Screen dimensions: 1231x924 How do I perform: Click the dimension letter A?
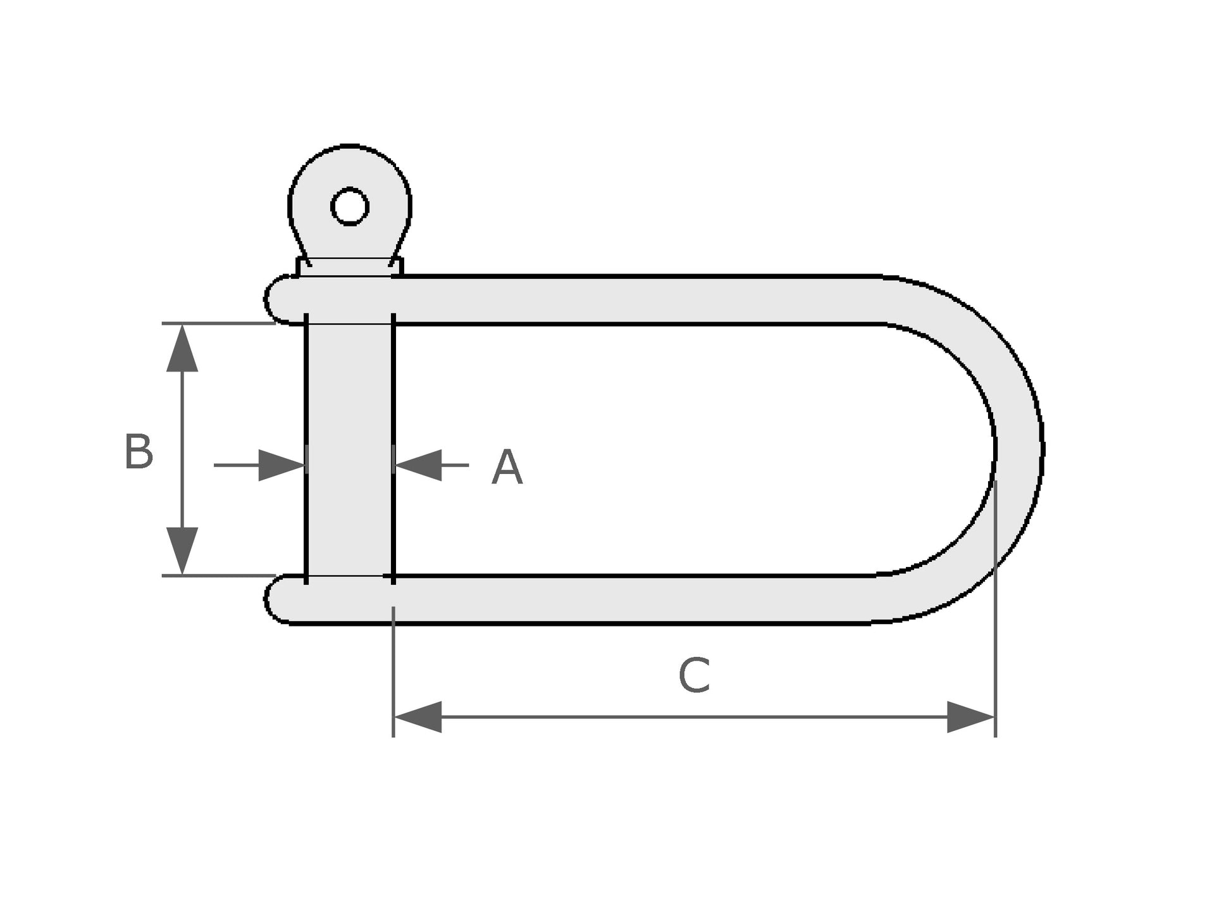point(507,468)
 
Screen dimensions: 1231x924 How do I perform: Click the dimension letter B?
point(139,452)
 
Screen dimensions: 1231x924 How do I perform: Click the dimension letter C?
point(693,675)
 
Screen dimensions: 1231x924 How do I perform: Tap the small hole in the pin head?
point(350,206)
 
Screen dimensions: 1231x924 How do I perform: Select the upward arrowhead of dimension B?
point(182,347)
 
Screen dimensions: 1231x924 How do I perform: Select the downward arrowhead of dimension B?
point(182,551)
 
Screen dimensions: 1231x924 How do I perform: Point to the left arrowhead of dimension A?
point(282,465)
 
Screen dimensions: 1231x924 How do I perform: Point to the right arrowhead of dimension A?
point(418,465)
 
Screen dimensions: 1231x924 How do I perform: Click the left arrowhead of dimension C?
point(418,717)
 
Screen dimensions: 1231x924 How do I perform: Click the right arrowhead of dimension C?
point(972,717)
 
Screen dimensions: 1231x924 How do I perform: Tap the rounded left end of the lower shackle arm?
point(278,599)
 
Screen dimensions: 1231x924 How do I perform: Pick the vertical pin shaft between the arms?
point(350,449)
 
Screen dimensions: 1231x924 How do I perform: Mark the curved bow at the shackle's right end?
point(962,449)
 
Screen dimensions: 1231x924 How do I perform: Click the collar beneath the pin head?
point(350,266)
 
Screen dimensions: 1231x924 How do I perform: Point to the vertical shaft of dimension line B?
point(182,449)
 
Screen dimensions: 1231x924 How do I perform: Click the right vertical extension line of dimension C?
point(996,609)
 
